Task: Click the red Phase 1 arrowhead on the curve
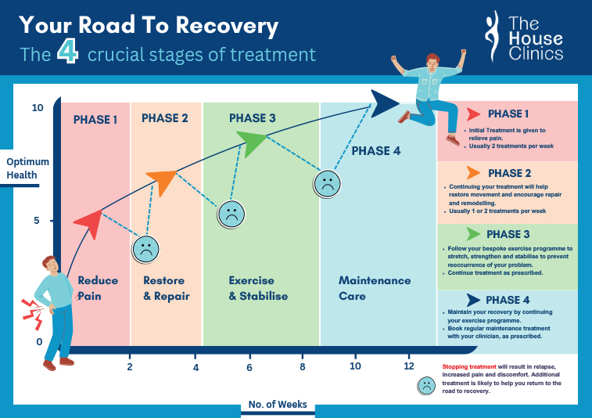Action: click(88, 223)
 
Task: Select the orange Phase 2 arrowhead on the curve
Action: click(161, 182)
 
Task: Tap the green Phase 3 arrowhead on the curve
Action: click(252, 143)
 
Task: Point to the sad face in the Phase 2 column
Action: click(145, 248)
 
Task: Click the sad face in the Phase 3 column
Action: click(231, 214)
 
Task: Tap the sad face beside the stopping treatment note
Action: click(426, 385)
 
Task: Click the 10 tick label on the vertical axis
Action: click(38, 108)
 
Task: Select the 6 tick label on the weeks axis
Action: click(249, 366)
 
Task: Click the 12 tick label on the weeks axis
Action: click(408, 366)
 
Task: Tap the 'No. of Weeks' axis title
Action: click(278, 405)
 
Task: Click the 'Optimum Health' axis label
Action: click(27, 168)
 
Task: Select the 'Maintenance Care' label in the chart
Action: click(374, 288)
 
